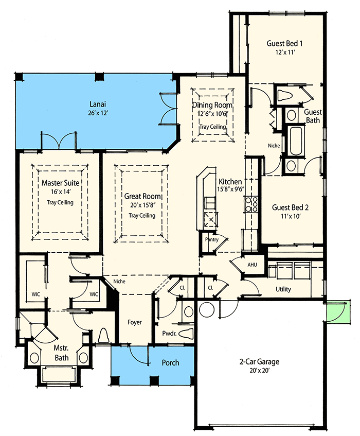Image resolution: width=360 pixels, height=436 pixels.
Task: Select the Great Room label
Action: click(x=142, y=196)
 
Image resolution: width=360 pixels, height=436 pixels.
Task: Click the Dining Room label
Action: click(x=212, y=105)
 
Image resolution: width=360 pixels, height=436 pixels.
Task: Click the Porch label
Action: click(x=170, y=362)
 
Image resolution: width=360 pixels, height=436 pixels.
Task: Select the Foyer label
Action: click(x=135, y=322)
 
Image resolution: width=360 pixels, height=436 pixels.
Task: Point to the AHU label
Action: click(x=252, y=265)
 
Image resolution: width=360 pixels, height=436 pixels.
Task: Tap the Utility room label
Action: click(x=283, y=289)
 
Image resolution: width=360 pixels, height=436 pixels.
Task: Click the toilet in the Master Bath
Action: click(x=103, y=336)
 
